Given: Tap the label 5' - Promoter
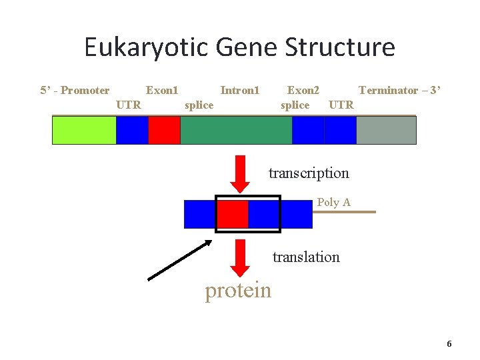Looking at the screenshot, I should pyautogui.click(x=75, y=90).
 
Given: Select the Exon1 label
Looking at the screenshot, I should pyautogui.click(x=162, y=90).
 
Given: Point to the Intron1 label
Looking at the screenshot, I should pyautogui.click(x=239, y=90).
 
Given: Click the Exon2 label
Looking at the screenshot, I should pyautogui.click(x=303, y=90).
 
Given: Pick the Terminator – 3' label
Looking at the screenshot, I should pyautogui.click(x=399, y=90).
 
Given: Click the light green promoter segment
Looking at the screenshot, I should pyautogui.click(x=84, y=131).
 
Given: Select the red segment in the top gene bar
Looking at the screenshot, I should pyautogui.click(x=164, y=131).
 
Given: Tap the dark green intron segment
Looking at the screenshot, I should pyautogui.click(x=236, y=131).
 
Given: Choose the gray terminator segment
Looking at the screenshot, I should pyautogui.click(x=386, y=131).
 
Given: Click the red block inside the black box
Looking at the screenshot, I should pyautogui.click(x=233, y=214).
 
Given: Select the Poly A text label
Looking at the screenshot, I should pyautogui.click(x=333, y=202).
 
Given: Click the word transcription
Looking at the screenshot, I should pyautogui.click(x=309, y=173).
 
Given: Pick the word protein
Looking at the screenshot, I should pyautogui.click(x=238, y=291).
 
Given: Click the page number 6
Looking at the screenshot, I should pyautogui.click(x=449, y=344).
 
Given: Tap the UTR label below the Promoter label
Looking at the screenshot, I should pyautogui.click(x=129, y=105).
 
